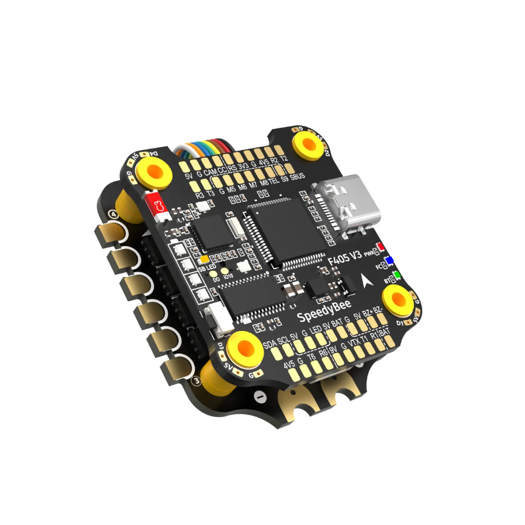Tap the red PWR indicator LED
coord(381,247)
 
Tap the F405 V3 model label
coord(345,258)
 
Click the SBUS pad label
coord(297,176)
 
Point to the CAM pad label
coord(210,172)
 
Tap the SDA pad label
coord(269,344)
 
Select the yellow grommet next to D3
coord(245,349)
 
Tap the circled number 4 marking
coord(113,215)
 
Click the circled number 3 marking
coord(197,381)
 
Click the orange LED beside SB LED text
coord(203,260)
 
